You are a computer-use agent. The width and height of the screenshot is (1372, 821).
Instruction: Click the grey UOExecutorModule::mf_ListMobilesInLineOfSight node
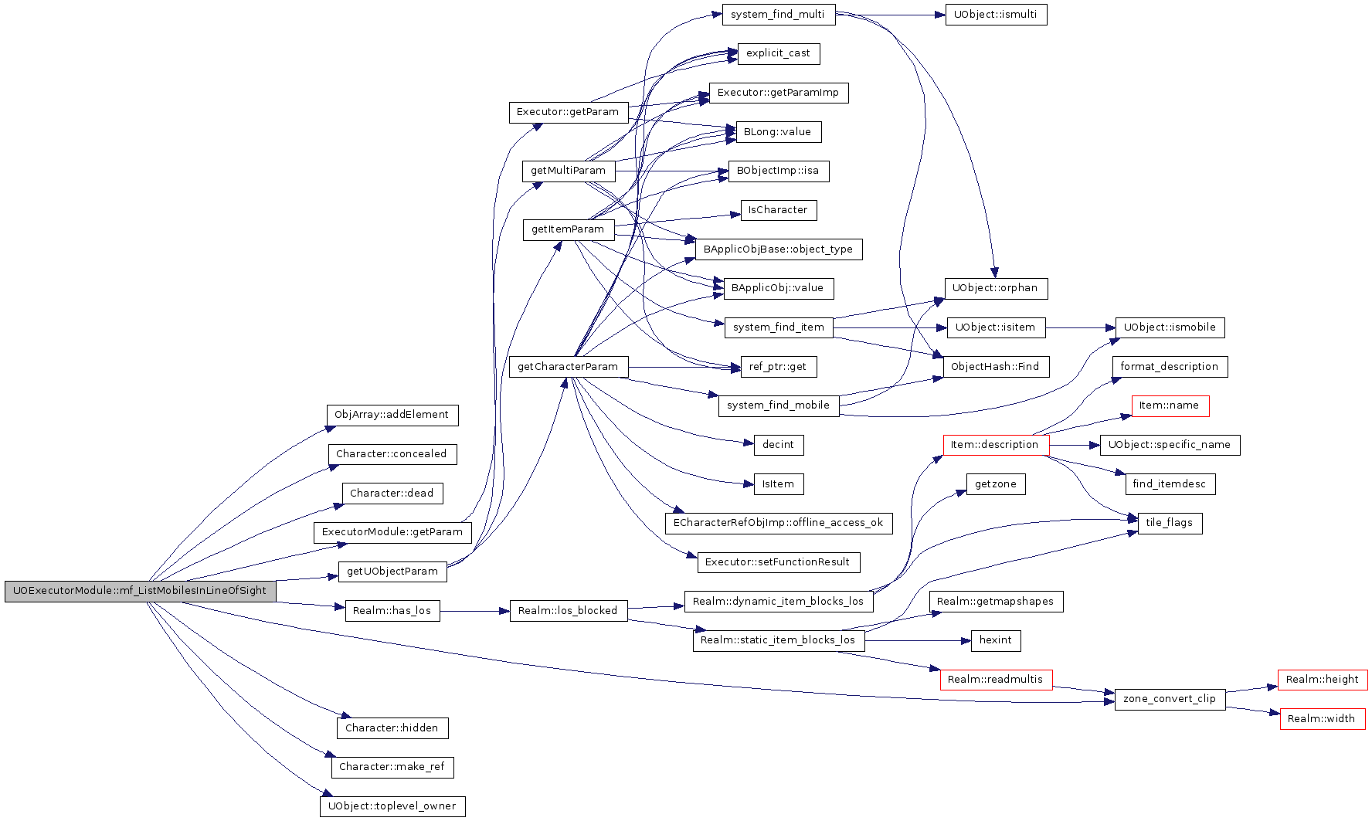[x=141, y=592]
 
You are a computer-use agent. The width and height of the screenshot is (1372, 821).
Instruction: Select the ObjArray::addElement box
[x=392, y=415]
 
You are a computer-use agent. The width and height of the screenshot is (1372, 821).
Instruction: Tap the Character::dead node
[x=392, y=494]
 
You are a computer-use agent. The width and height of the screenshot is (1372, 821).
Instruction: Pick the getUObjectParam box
[x=392, y=572]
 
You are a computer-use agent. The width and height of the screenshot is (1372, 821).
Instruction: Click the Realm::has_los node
[x=392, y=611]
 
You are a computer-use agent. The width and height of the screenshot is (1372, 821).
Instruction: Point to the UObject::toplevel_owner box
[x=392, y=806]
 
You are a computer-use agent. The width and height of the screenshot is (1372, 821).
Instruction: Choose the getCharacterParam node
[x=569, y=367]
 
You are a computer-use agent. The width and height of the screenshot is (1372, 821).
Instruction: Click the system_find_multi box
[x=779, y=15]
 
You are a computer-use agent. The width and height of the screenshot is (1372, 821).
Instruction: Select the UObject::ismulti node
[x=997, y=15]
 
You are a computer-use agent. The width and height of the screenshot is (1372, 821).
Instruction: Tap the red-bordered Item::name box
[x=1170, y=405]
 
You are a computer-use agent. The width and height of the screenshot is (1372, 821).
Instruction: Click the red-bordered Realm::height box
[x=1323, y=680]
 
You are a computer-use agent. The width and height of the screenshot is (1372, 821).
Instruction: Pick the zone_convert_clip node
[x=1170, y=699]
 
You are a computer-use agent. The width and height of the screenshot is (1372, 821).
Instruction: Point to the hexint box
[x=996, y=640]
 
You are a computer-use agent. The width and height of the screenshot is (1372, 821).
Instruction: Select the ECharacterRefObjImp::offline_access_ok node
[x=779, y=523]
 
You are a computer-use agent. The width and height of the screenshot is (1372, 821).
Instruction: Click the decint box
[x=779, y=445]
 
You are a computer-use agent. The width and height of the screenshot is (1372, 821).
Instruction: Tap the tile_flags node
[x=1170, y=523]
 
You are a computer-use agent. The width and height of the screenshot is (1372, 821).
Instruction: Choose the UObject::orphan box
[x=996, y=288]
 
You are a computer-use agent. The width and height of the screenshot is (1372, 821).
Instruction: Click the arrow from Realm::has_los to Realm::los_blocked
[x=475, y=611]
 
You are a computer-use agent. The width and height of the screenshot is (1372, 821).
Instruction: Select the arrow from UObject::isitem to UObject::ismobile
[x=1081, y=327]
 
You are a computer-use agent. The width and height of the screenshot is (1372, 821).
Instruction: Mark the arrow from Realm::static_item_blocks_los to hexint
[x=918, y=640]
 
